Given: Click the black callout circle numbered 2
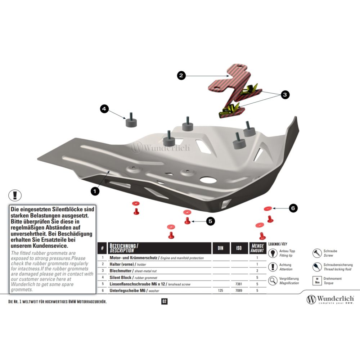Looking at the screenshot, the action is coord(181,75).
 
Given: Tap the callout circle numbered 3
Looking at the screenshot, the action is coord(285,95).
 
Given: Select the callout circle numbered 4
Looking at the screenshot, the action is coord(104,109).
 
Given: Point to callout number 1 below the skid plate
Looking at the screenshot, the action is coord(95,191).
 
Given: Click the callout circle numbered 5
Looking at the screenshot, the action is coord(210,221).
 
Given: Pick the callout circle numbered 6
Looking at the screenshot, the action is coord(293,208).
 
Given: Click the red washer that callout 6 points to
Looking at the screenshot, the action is coord(268,208).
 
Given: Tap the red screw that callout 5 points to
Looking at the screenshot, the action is coord(187,221).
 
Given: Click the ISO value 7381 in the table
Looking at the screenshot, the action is coord(239,284).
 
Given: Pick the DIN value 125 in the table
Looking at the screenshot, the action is coord(220,291).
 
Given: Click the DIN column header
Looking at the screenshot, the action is coord(221,248).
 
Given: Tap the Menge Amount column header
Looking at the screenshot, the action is coord(257,248).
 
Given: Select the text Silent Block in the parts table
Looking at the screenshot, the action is coord(121,278).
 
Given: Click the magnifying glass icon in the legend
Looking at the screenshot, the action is coord(273,280).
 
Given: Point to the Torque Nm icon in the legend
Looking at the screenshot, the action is coord(317,280).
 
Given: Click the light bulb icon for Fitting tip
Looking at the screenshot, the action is coord(273,253).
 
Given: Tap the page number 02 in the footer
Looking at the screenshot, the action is coord(165,301).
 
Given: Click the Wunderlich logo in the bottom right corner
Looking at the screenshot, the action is coord(330,300).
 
